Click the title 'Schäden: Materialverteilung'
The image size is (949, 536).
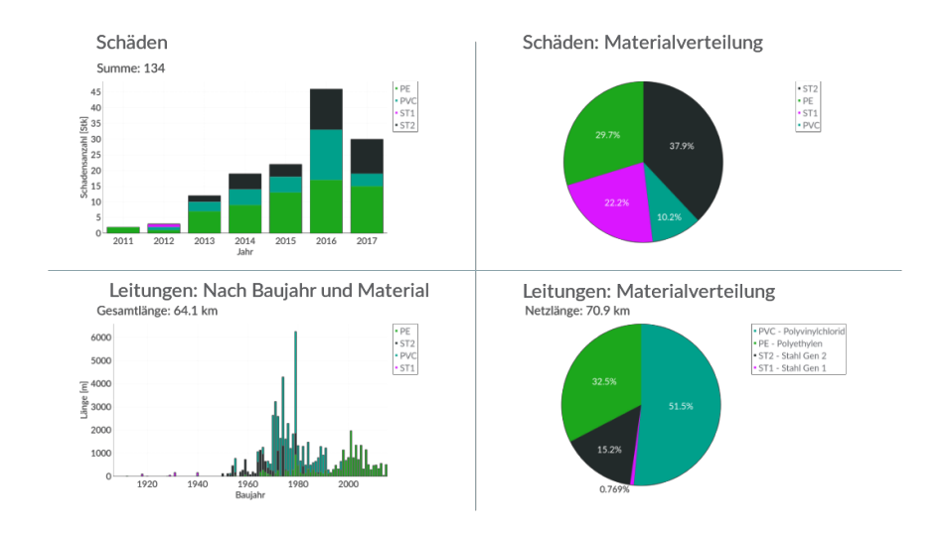click(642, 43)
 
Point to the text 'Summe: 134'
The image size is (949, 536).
click(130, 68)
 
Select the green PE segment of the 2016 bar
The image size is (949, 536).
click(326, 206)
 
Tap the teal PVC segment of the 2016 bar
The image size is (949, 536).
click(326, 155)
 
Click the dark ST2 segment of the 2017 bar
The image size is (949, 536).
click(367, 156)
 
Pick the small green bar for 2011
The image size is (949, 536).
click(123, 229)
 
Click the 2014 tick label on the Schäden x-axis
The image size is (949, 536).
click(244, 241)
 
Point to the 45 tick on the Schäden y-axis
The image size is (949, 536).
click(95, 92)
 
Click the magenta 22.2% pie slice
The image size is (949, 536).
click(609, 204)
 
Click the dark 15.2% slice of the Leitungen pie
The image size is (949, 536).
click(606, 452)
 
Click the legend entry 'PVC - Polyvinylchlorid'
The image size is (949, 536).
click(801, 331)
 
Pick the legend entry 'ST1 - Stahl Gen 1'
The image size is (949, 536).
click(794, 367)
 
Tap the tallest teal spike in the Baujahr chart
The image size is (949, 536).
click(295, 397)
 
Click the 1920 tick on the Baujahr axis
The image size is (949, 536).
click(147, 484)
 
